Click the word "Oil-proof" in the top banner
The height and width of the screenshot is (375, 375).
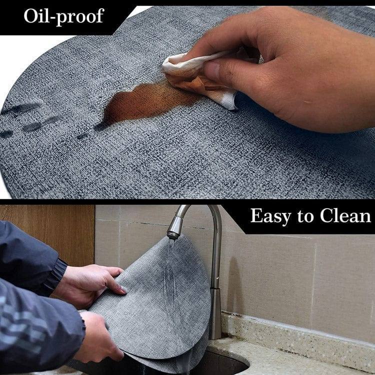[x=64, y=16]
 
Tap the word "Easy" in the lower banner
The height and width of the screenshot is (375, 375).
[x=270, y=216]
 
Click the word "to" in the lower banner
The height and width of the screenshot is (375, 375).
[x=305, y=216]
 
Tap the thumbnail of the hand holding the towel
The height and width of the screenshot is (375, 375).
[x=212, y=69]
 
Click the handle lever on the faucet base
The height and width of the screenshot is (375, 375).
[x=216, y=282]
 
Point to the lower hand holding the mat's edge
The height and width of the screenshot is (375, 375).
[x=98, y=335]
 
